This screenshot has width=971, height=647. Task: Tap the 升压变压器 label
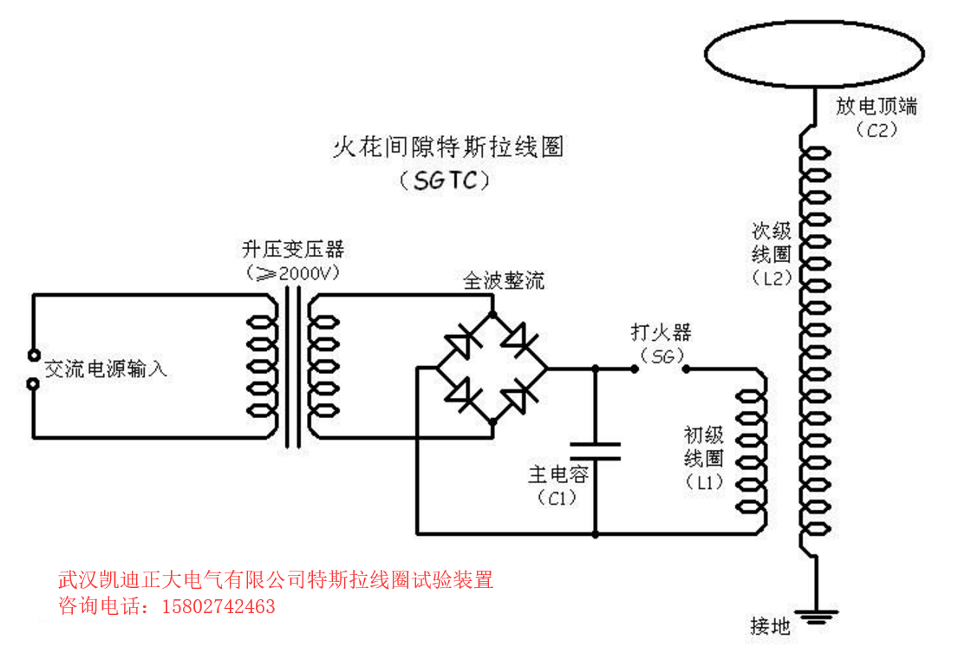pyautogui.click(x=293, y=251)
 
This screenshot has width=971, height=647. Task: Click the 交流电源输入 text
pyautogui.click(x=105, y=369)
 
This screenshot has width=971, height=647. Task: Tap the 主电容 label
pyautogui.click(x=558, y=474)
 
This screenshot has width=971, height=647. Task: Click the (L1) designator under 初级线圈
pyautogui.click(x=704, y=482)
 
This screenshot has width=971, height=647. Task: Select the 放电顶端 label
pyautogui.click(x=877, y=107)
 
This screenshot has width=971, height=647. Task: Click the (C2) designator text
pyautogui.click(x=876, y=130)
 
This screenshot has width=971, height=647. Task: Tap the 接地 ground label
pyautogui.click(x=770, y=625)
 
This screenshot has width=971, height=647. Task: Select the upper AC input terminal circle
pyautogui.click(x=34, y=355)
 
